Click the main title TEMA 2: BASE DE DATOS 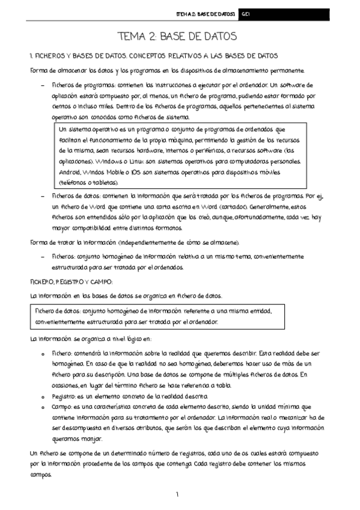180,37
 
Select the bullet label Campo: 64,407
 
